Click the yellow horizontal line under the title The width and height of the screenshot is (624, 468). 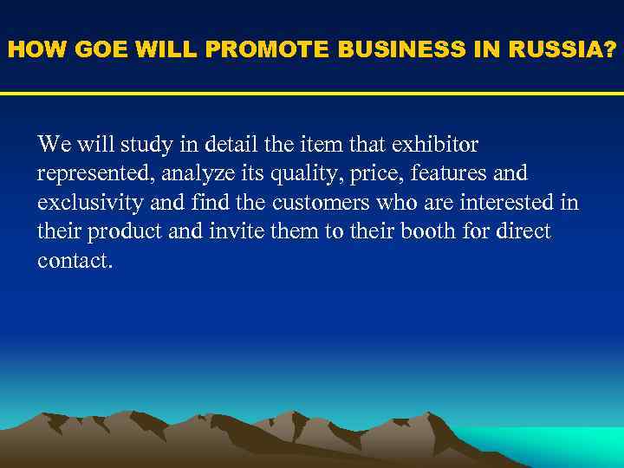pyautogui.click(x=312, y=94)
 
